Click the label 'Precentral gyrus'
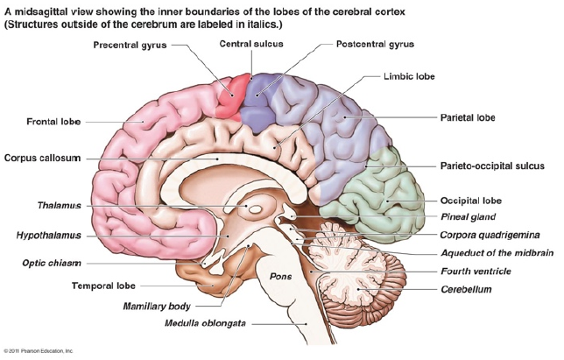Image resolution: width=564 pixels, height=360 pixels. (130, 45)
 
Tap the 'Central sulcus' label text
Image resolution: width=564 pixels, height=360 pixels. (251, 44)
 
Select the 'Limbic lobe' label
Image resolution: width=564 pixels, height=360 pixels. (409, 76)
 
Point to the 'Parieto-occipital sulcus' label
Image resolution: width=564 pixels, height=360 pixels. (492, 166)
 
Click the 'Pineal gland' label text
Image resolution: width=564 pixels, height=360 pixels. (469, 217)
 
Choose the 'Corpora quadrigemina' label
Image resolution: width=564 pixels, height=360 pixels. (490, 236)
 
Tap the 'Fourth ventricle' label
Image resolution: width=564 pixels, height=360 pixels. (476, 272)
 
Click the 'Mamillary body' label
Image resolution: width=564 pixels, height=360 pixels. (157, 307)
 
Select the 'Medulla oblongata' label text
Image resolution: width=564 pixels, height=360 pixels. (205, 323)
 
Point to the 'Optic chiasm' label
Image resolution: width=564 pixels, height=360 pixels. (52, 263)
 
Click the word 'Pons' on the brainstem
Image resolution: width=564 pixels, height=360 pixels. (281, 276)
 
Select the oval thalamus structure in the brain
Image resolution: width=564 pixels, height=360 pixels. (256, 208)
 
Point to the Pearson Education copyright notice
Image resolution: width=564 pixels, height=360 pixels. (39, 350)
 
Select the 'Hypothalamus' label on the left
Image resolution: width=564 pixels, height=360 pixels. (48, 236)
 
